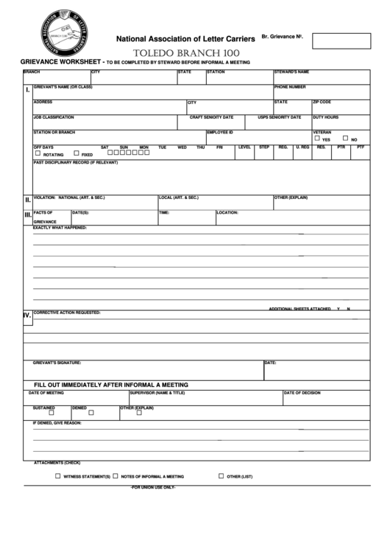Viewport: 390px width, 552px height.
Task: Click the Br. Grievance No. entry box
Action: point(341,41)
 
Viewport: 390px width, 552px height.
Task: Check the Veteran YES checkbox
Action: point(317,138)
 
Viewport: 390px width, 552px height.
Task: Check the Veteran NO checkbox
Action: point(345,138)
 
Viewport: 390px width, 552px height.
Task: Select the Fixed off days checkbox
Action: point(76,153)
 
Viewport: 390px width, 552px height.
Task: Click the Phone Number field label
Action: point(290,87)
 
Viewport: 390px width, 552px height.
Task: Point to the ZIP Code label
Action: point(322,102)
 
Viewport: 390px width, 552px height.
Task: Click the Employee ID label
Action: point(219,132)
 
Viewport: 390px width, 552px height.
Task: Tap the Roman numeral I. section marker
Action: point(27,91)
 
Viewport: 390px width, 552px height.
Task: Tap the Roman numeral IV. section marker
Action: point(27,315)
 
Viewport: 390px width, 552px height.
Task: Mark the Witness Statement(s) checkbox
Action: point(58,476)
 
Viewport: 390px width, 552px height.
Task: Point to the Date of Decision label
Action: point(302,393)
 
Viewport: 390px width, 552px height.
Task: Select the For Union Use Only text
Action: point(152,488)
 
